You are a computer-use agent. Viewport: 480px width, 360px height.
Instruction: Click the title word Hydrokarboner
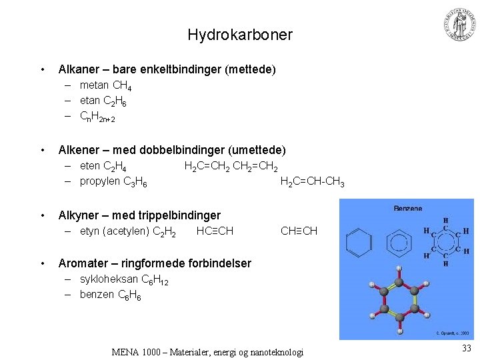240,35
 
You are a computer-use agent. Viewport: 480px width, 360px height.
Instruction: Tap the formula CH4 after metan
122,85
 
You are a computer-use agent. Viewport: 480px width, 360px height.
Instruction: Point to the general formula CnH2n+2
97,117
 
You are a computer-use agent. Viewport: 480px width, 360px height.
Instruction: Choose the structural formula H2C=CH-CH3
312,181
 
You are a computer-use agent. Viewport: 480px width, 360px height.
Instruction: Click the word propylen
100,181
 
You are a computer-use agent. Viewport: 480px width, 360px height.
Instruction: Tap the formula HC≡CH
215,231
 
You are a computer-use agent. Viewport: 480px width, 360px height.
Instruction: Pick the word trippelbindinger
179,215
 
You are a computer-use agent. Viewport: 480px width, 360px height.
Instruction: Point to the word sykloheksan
109,279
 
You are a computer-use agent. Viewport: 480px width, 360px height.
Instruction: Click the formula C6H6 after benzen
129,295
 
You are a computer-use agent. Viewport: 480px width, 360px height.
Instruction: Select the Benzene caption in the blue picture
407,208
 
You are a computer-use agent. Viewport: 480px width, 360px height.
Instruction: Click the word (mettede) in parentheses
249,69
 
